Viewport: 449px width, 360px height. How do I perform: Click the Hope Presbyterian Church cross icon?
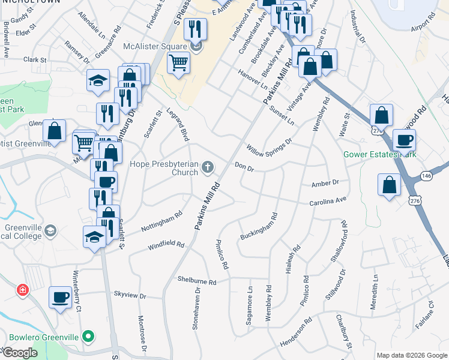tap(208, 167)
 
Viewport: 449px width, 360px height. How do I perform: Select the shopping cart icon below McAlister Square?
tap(179, 62)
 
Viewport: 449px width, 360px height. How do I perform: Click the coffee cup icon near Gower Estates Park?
tap(403, 140)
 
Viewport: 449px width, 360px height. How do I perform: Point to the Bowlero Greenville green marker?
tap(89, 337)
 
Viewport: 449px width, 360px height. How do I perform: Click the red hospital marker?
tap(23, 290)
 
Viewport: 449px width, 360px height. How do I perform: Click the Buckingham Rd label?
tap(258, 226)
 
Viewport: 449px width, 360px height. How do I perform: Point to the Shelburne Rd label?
tap(196, 280)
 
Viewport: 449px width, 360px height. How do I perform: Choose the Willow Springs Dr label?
tap(268, 145)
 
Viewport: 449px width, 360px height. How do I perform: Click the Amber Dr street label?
tap(325, 182)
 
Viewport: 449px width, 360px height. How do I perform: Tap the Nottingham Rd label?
tap(161, 221)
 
